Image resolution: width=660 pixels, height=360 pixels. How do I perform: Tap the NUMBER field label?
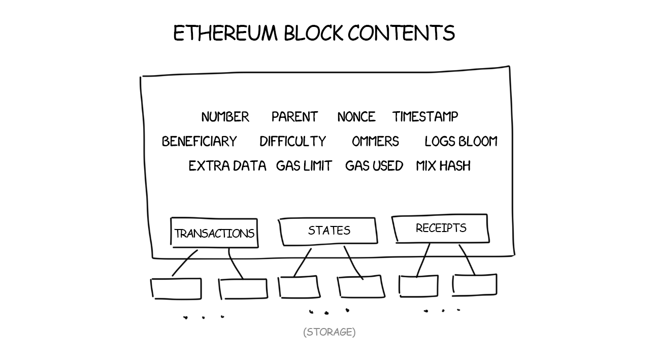pos(225,117)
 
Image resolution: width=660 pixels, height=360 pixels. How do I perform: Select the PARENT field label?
pos(294,117)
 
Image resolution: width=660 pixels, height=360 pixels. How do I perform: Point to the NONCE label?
pos(356,117)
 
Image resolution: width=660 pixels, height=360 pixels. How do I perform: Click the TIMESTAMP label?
pos(425,117)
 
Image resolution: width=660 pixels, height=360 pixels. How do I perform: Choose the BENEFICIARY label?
pos(199,142)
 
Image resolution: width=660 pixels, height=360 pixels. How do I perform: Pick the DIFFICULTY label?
pos(292,142)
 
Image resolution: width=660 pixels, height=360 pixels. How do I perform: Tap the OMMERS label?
pos(375,142)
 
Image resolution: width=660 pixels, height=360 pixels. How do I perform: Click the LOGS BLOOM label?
pos(461,142)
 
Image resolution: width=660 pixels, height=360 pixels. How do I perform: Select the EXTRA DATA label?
pos(227,166)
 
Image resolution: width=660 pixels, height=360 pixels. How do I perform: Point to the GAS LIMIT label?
pos(304,166)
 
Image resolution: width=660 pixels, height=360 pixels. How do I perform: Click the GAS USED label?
pos(374,166)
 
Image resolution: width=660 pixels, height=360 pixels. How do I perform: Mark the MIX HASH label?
pos(443,166)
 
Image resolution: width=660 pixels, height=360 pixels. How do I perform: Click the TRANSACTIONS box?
pos(214,233)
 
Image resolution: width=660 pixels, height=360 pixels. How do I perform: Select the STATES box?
pos(328,231)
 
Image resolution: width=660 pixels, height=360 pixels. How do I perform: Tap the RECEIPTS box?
pos(440,228)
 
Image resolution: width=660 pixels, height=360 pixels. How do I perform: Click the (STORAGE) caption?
pos(329,332)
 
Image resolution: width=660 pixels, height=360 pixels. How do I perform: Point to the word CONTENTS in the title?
pos(401,34)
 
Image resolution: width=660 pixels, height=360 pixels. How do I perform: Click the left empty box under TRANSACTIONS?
pos(176,288)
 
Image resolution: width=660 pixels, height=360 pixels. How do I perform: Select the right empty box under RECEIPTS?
pos(474,285)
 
